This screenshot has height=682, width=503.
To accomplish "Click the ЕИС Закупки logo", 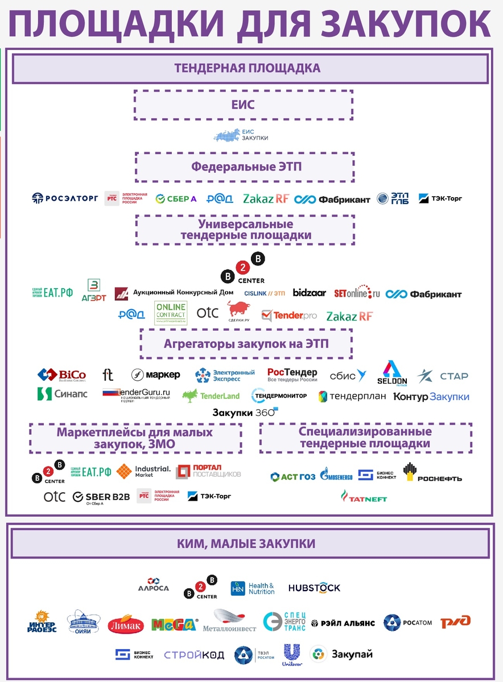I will pyautogui.click(x=241, y=135).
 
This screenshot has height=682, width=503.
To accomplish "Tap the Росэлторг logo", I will pyautogui.click(x=65, y=198).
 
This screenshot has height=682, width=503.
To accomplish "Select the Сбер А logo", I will pyautogui.click(x=176, y=199).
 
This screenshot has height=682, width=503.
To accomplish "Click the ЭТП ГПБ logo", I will pyautogui.click(x=393, y=199).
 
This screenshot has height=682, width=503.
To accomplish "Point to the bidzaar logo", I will pyautogui.click(x=310, y=293).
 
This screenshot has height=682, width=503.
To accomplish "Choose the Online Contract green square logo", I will pyautogui.click(x=171, y=313).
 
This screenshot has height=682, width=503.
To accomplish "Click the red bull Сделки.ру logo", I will pyautogui.click(x=238, y=311).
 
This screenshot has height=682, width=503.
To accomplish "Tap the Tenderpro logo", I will pyautogui.click(x=289, y=315).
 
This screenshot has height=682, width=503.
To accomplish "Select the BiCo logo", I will pyautogui.click(x=62, y=375).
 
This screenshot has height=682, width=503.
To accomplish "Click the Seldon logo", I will pyautogui.click(x=392, y=373).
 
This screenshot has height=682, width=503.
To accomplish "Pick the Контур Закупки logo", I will pyautogui.click(x=431, y=397).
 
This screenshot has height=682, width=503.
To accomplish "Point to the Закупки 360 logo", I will pyautogui.click(x=245, y=412).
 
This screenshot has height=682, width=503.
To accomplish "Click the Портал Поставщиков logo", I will pyautogui.click(x=208, y=471).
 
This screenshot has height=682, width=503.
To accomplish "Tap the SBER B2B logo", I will pyautogui.click(x=101, y=497).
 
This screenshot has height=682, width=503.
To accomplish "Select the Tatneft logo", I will pyautogui.click(x=364, y=497).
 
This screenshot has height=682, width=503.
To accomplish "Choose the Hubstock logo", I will pyautogui.click(x=314, y=588).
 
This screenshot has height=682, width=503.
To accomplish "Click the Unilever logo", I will pyautogui.click(x=292, y=655).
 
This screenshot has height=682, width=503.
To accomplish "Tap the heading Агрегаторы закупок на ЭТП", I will pyautogui.click(x=246, y=344).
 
